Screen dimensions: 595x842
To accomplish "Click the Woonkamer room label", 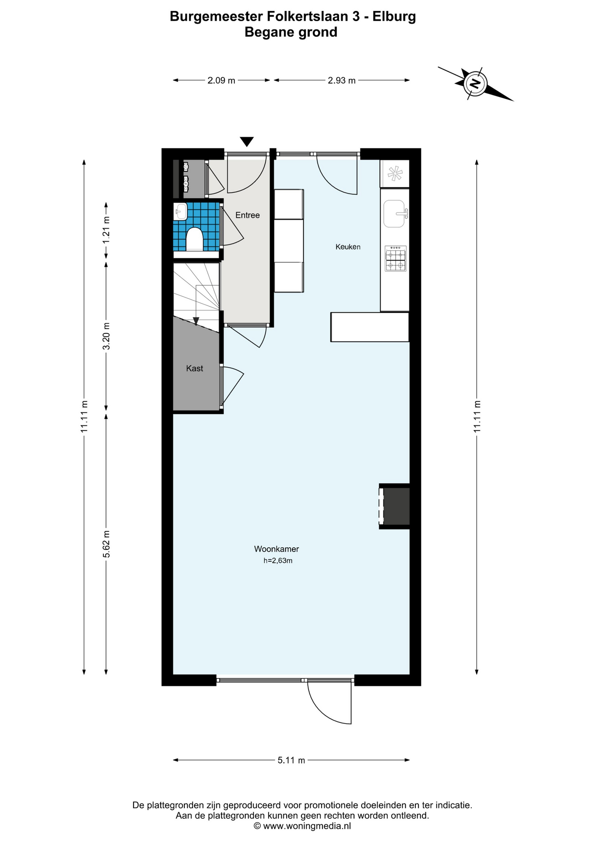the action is [x=276, y=549].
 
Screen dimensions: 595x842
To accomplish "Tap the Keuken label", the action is [x=348, y=247].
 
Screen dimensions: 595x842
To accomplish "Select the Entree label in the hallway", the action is [x=248, y=215].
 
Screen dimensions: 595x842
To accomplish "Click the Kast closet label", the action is [x=195, y=368].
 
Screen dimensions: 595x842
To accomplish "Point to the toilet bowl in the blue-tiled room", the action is [x=195, y=239].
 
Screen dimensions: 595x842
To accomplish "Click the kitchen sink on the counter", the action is [x=394, y=214].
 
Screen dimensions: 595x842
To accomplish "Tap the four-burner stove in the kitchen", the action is [x=396, y=259].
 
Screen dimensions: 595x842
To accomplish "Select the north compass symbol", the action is [x=475, y=83].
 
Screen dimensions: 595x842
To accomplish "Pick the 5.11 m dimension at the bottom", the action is [x=291, y=760].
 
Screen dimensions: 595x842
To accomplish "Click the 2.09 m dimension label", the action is [x=221, y=80].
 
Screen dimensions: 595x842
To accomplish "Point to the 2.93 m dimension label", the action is [x=342, y=80].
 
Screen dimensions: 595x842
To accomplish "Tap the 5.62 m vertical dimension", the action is [x=106, y=544].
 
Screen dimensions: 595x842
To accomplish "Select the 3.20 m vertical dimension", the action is [x=106, y=336].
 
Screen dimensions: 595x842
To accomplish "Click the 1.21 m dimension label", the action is [x=106, y=231].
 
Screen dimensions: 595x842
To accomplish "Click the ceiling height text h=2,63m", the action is [x=278, y=560].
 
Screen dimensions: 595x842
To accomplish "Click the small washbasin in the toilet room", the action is [x=180, y=211].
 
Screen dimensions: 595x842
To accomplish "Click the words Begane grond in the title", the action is [x=291, y=32].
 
